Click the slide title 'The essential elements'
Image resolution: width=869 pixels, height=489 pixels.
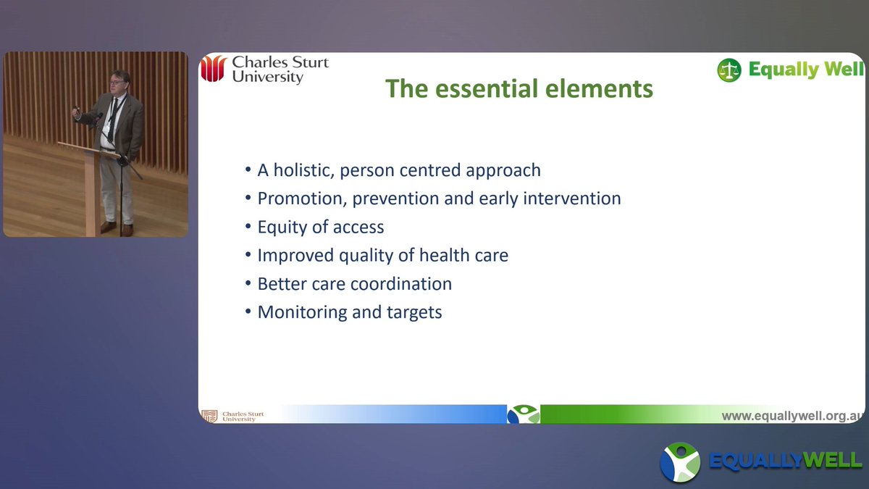[x=519, y=88]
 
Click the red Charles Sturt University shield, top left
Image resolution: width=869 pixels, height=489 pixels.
[x=214, y=69]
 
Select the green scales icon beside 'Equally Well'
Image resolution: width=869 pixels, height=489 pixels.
[x=729, y=70]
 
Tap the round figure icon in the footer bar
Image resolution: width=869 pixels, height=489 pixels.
[x=523, y=414]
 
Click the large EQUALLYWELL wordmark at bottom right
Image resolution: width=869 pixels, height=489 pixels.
[x=785, y=461]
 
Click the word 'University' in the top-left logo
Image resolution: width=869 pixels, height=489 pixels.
[x=267, y=77]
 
